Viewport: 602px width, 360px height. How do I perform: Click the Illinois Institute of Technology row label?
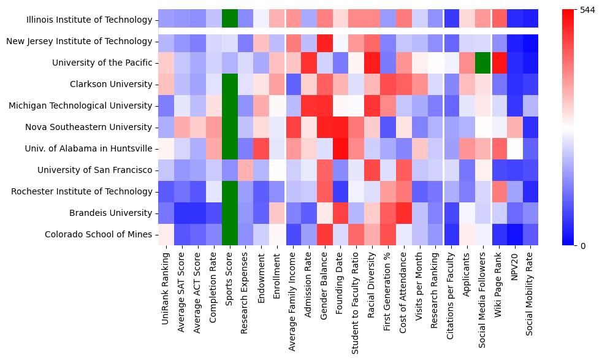click(89, 20)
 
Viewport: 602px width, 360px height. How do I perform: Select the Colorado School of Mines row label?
click(98, 234)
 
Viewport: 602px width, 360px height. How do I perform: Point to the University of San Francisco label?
click(94, 170)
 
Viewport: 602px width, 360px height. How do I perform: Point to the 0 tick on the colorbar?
click(582, 245)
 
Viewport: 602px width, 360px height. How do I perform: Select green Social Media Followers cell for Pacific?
click(483, 63)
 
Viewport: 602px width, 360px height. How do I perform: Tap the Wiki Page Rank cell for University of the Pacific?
click(499, 63)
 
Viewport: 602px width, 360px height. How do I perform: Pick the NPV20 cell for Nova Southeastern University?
click(515, 127)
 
